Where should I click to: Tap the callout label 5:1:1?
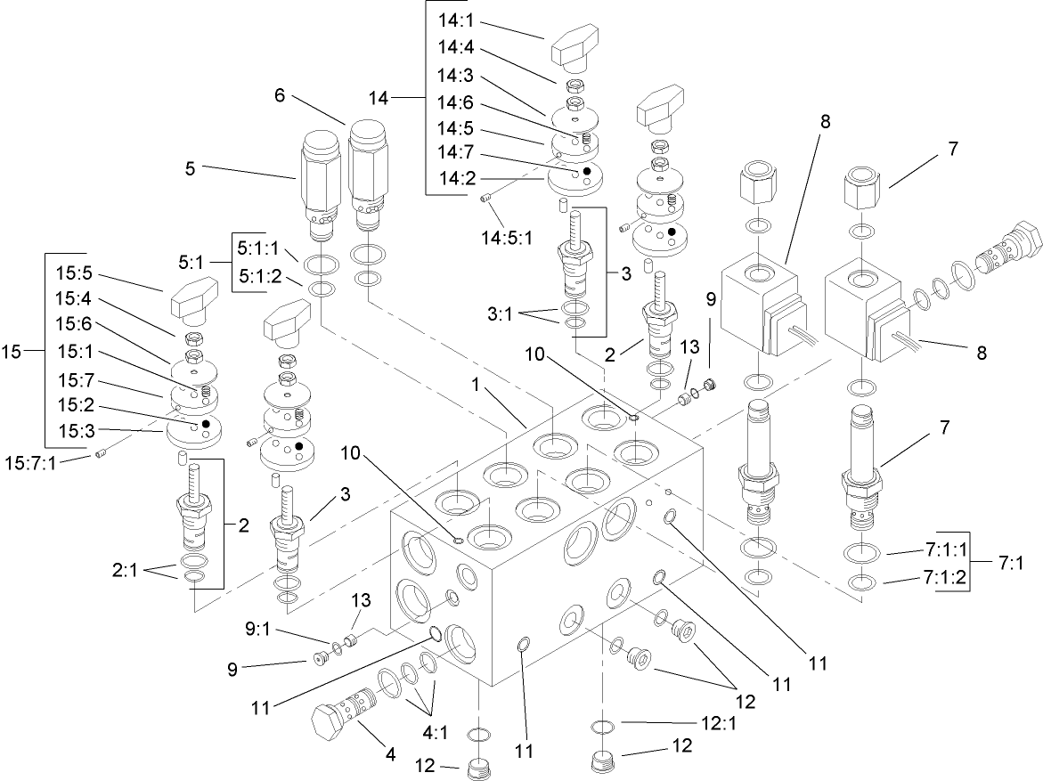pos(258,249)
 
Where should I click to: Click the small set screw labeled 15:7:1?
pos(100,456)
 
